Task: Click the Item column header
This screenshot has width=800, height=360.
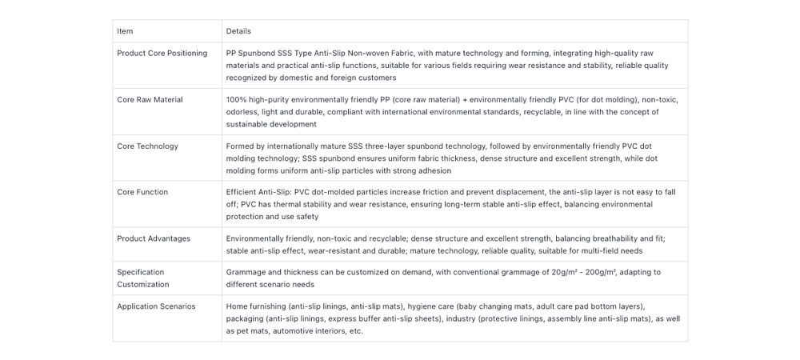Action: (125, 31)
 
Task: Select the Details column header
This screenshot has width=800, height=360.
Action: (238, 31)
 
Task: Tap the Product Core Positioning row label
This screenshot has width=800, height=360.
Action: (162, 54)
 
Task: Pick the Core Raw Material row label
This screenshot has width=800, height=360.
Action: (150, 100)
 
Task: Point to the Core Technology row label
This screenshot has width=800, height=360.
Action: (147, 146)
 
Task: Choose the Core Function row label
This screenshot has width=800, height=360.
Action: (142, 192)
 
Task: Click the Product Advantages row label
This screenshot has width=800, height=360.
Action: (154, 238)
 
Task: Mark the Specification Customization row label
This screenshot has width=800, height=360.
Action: (143, 278)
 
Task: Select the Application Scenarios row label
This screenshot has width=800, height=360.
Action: (156, 306)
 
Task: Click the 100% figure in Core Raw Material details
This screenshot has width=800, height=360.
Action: (236, 100)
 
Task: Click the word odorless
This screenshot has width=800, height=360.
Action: (242, 112)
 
